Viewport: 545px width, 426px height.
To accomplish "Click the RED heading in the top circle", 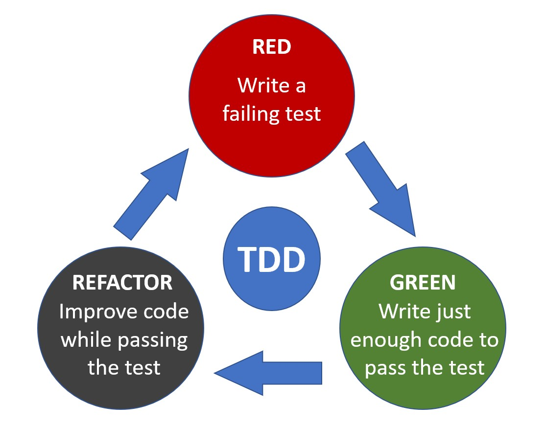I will coord(271,47).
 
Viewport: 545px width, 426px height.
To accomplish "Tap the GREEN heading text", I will coord(422,282).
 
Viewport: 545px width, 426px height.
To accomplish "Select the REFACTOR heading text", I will coord(122,282).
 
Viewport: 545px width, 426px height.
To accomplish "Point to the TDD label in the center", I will coord(272,259).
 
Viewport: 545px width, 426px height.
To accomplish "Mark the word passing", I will coord(157,340).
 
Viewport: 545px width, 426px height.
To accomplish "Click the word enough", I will coord(380,340).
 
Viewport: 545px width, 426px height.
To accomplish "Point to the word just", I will coord(452,312).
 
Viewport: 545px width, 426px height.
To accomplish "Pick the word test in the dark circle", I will coord(142,367).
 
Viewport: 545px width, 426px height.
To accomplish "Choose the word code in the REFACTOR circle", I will coord(167,312).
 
